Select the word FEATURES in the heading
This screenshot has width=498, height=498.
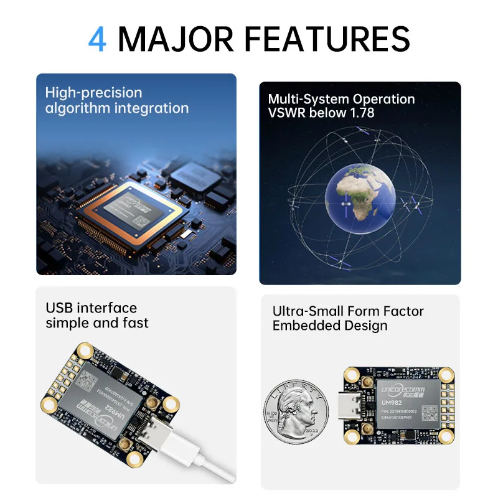[x=326, y=39]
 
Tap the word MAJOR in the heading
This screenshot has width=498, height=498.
[x=176, y=39]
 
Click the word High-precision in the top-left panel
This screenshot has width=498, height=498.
[x=93, y=93]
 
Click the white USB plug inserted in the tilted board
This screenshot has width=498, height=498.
[x=164, y=435]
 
